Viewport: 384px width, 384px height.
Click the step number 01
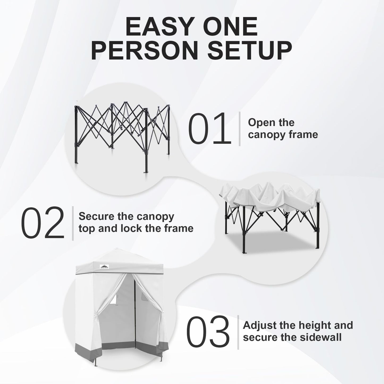pyautogui.click(x=209, y=129)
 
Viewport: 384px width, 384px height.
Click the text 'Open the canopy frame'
pyautogui.click(x=282, y=129)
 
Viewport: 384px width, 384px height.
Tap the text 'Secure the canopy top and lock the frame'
pyautogui.click(x=136, y=222)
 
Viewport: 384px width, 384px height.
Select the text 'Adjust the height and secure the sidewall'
pyautogui.click(x=298, y=331)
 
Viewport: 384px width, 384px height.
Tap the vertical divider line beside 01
pyautogui.click(x=240, y=129)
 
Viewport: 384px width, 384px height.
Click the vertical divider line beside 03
pyautogui.click(x=238, y=332)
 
